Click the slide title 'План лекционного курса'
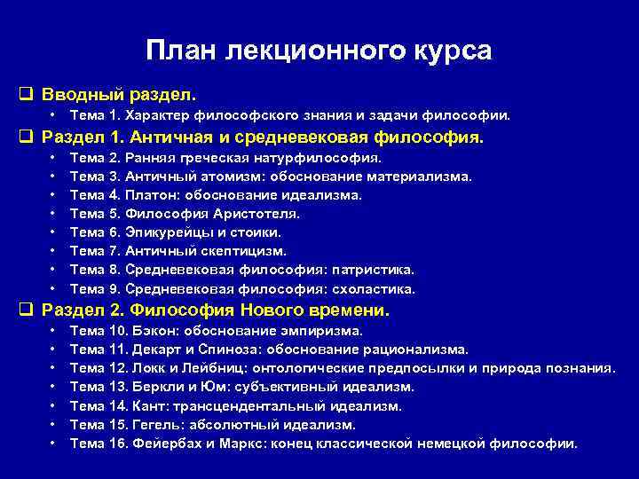[x=319, y=51]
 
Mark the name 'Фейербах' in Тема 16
[x=167, y=443]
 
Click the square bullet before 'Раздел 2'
[x=25, y=311]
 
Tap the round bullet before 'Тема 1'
[x=54, y=115]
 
